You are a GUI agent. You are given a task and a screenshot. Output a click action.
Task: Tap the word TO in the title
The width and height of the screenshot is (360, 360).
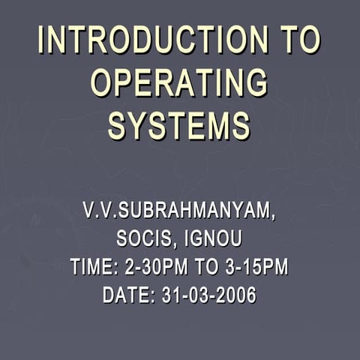301,40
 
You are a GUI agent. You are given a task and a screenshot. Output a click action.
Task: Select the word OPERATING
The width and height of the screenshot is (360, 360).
179,82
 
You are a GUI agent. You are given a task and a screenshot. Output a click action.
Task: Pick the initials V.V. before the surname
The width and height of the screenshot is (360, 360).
100,211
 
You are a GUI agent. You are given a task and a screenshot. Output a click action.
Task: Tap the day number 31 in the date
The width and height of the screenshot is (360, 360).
169,295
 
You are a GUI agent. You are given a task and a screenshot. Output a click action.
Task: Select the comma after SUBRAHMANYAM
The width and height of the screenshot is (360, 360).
272,217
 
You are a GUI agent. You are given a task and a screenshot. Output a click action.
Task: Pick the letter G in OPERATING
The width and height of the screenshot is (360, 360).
256,82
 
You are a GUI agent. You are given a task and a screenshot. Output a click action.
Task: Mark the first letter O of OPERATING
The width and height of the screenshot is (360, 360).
102,82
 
